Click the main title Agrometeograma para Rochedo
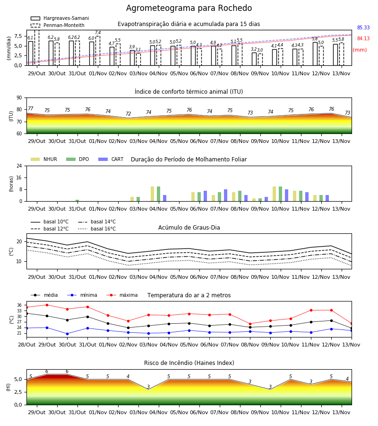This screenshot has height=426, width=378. pos(189,8)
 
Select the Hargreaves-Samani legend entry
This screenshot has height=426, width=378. pos(60,18)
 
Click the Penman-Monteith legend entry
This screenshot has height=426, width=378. pos(58,25)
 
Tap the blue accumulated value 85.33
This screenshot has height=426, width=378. pos(363,27)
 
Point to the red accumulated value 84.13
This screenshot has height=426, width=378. pos(363,38)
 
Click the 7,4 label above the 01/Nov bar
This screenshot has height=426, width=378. pos(98,33)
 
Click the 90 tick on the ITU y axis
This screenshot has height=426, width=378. pos(19,98)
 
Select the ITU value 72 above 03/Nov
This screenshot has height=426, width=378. pos(128,114)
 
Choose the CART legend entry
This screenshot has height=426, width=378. pos(111,159)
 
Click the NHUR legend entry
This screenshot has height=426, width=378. pos(43,159)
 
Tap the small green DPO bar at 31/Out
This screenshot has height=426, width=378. pos(77,201)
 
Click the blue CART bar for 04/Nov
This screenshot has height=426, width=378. pos(164,198)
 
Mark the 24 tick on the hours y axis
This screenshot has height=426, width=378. pos(19,166)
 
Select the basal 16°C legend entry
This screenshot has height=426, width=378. pos(97,229)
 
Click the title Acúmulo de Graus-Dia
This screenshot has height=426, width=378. pos(189,228)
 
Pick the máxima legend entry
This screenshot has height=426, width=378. pos(122,295)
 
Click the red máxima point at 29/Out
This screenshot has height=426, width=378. pos(47,305)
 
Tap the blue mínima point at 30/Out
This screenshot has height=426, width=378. pos(67,334)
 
